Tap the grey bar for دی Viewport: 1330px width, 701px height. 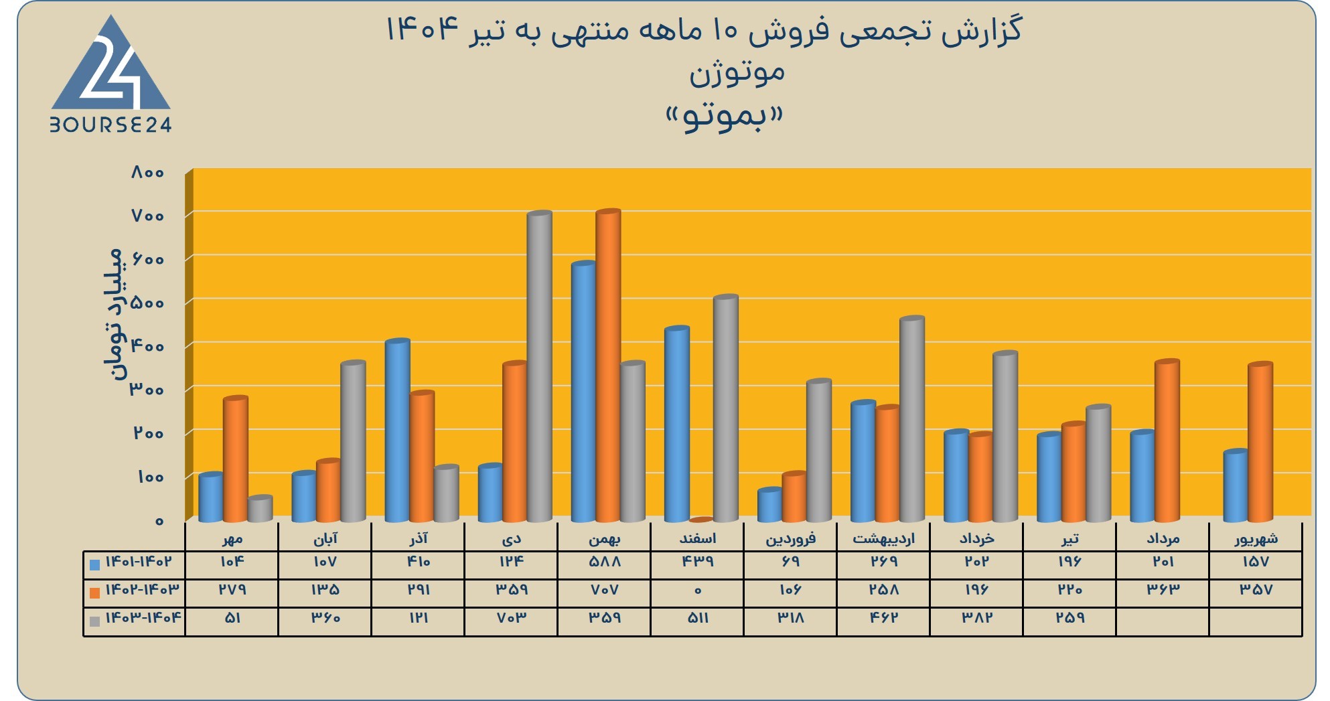point(540,366)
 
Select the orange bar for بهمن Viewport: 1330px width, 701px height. point(608,366)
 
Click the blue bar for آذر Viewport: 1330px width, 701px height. point(397,431)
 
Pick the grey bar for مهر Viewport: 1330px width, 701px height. point(260,509)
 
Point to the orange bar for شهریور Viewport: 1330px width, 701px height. point(1260,442)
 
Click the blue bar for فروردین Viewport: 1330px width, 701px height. point(769,505)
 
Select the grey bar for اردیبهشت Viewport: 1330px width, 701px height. point(912,419)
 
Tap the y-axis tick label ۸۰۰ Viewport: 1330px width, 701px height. point(147,172)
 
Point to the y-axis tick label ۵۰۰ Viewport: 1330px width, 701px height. point(147,303)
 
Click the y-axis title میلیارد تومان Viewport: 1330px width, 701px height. point(114,313)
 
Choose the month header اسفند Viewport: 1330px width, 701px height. point(698,538)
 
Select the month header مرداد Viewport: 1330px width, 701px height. point(1163,538)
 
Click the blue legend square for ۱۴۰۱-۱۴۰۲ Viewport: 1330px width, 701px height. point(95,564)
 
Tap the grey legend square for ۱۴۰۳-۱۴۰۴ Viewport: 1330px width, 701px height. point(95,621)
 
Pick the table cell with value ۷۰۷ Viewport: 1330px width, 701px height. point(605,590)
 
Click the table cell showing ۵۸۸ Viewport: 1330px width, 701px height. point(605,562)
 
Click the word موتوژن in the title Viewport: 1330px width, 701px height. point(737,72)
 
